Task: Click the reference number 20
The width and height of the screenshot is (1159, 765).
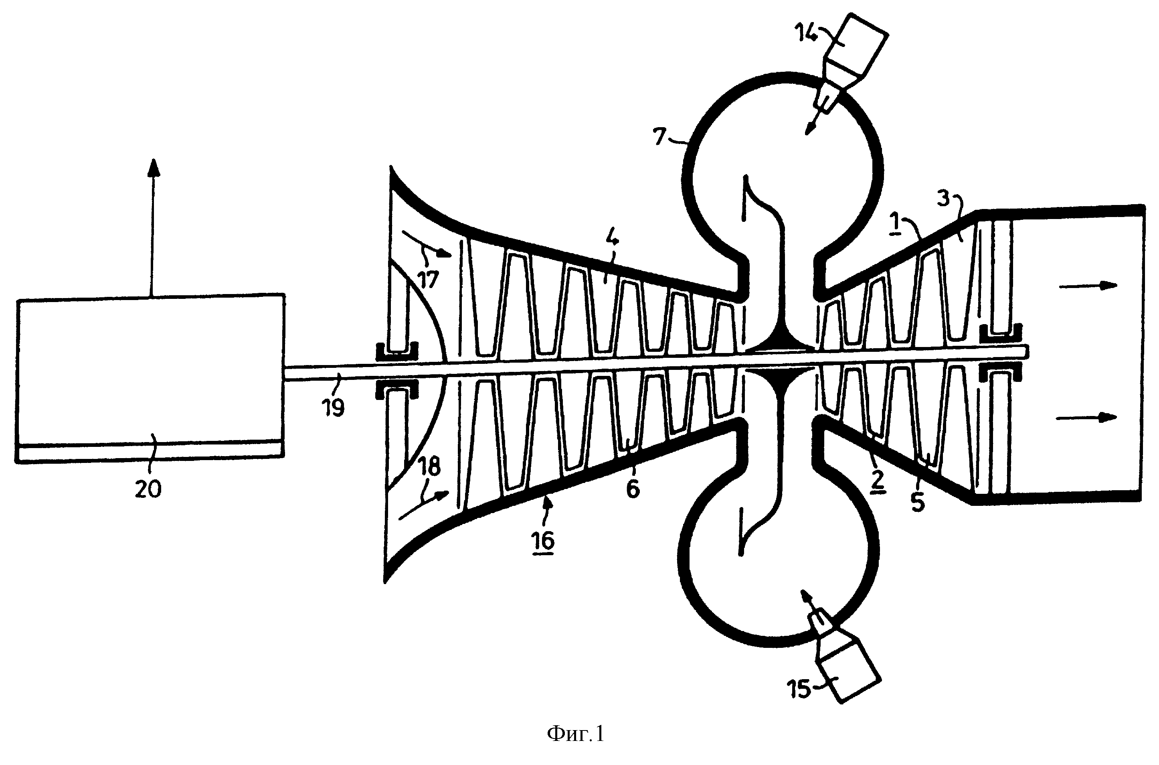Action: click(148, 488)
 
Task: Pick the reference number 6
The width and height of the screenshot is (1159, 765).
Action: click(633, 489)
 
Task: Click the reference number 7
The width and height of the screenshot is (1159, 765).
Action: click(660, 137)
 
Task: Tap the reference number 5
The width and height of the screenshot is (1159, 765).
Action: click(918, 501)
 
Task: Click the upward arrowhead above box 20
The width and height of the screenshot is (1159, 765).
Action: click(154, 169)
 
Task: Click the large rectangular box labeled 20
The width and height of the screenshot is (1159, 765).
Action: click(150, 378)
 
